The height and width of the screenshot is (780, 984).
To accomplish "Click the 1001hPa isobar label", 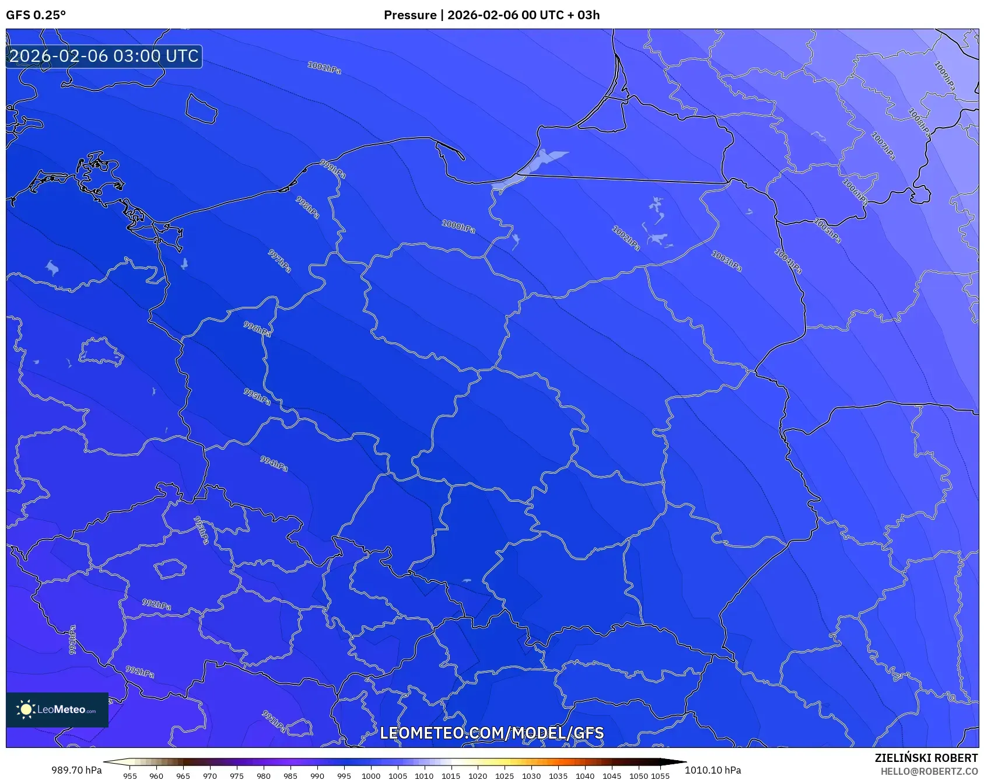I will pos(324,68).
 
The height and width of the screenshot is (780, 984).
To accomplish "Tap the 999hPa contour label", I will pos(333,169).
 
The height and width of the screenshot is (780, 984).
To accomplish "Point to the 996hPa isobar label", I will pos(257,329).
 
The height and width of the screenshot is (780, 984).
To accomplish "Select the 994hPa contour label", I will pos(274,464).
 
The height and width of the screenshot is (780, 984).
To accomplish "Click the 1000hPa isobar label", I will pos(458,226).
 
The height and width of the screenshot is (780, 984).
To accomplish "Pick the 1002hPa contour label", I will pos(626,238).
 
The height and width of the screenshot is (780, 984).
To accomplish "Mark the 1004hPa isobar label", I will pos(788,261).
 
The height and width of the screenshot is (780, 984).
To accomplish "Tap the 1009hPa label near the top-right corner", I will pos(945,76).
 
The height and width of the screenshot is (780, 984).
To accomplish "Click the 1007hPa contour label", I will pos(883,146).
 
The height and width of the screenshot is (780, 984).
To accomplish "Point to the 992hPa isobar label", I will pos(156,604).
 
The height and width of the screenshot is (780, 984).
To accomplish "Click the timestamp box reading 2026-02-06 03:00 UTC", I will pos(104,56).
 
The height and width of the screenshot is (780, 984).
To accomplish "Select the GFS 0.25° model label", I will pos(36,15).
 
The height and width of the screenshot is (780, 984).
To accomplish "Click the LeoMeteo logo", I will pos(57,709).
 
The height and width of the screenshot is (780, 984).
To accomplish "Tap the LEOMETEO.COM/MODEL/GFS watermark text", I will pos(492,733).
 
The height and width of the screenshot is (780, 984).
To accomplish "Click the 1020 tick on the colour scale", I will pos(478,776).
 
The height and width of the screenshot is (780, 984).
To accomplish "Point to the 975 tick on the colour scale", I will pos(236,776).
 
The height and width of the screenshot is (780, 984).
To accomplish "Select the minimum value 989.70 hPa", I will pos(76,770).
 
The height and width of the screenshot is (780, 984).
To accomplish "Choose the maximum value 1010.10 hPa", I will pos(713,770).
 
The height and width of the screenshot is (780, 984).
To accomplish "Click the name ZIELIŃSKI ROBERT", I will pos(926,758).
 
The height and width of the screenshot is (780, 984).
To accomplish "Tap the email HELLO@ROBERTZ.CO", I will pos(929,771).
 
